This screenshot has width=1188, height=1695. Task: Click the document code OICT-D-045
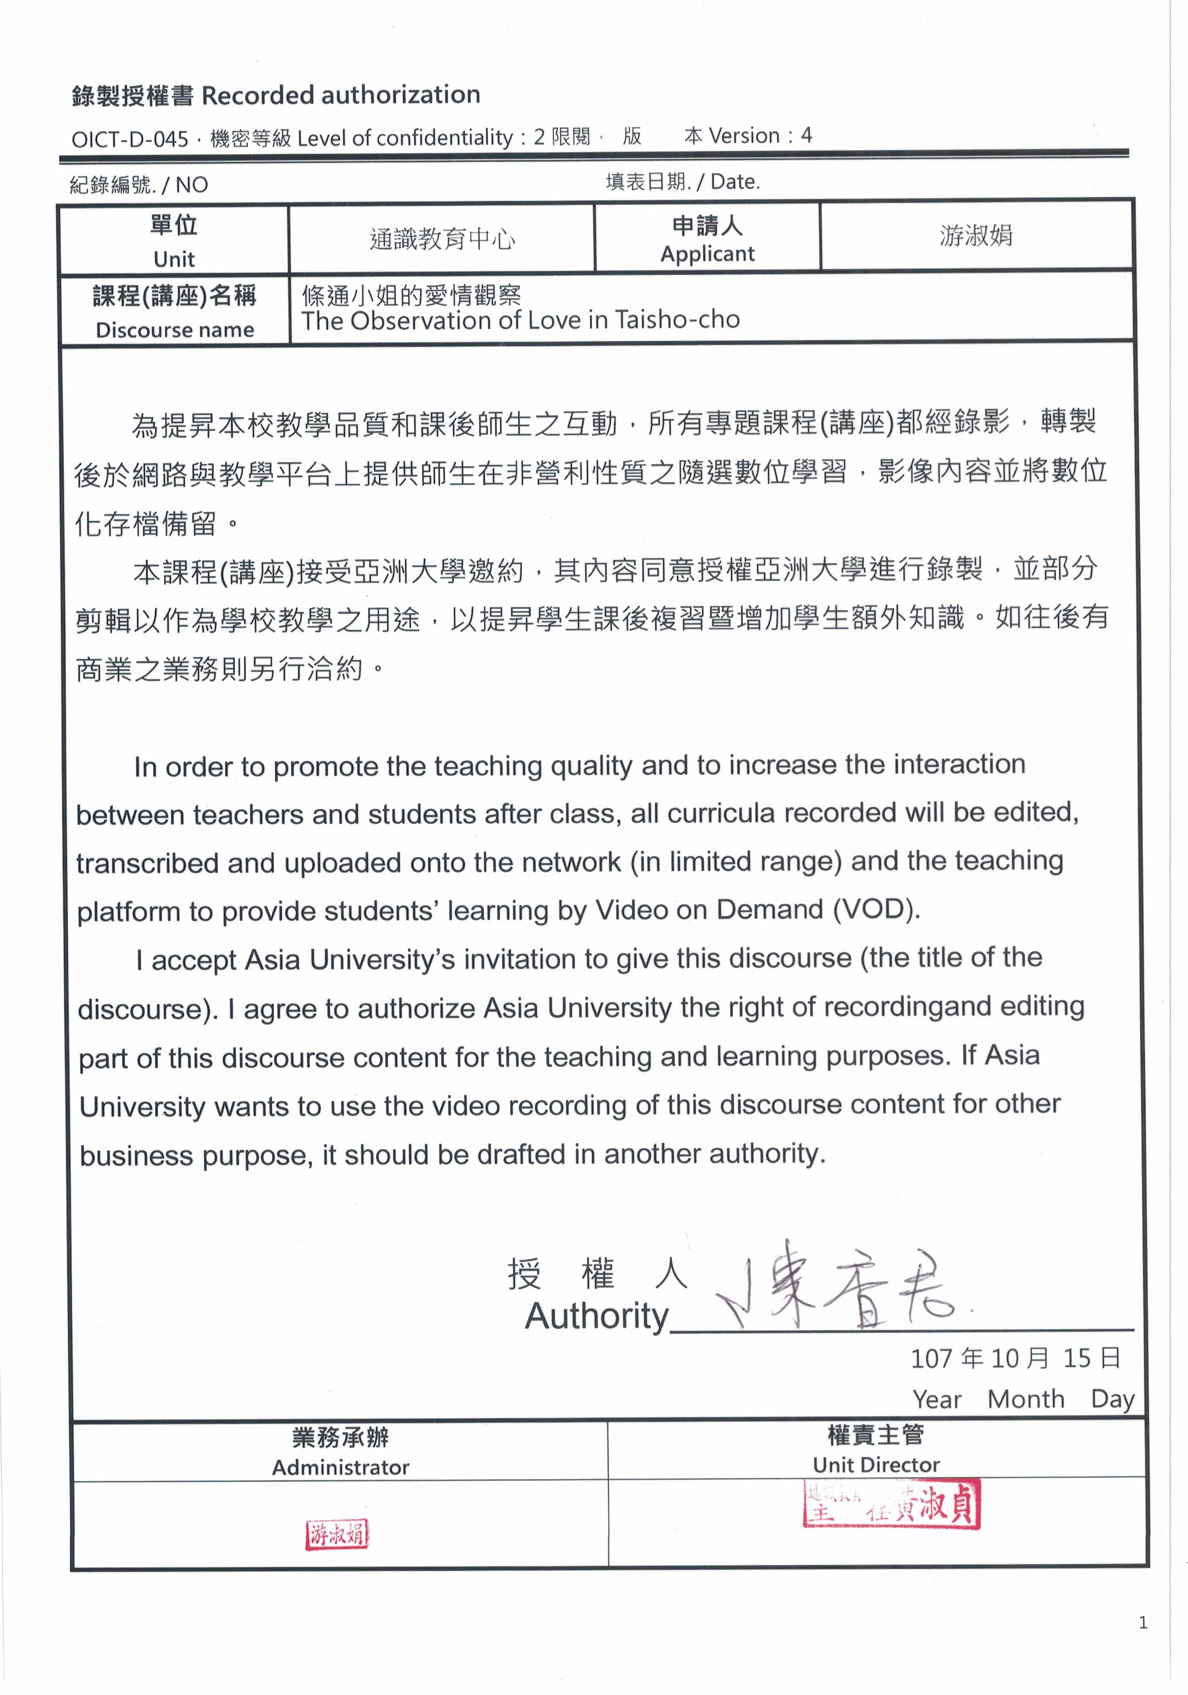(129, 139)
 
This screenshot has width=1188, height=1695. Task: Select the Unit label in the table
(174, 259)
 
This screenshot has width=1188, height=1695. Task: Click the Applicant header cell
(707, 239)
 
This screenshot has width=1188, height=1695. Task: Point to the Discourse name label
(174, 329)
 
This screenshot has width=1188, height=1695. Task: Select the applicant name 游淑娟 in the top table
(975, 236)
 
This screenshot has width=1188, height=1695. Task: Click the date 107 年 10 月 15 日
(1015, 1358)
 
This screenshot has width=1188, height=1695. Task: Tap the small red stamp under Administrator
(337, 1535)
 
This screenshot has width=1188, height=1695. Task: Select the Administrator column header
(340, 1452)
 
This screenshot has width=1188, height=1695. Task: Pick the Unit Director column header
(876, 1450)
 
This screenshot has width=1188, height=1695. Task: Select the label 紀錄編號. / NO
(139, 184)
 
